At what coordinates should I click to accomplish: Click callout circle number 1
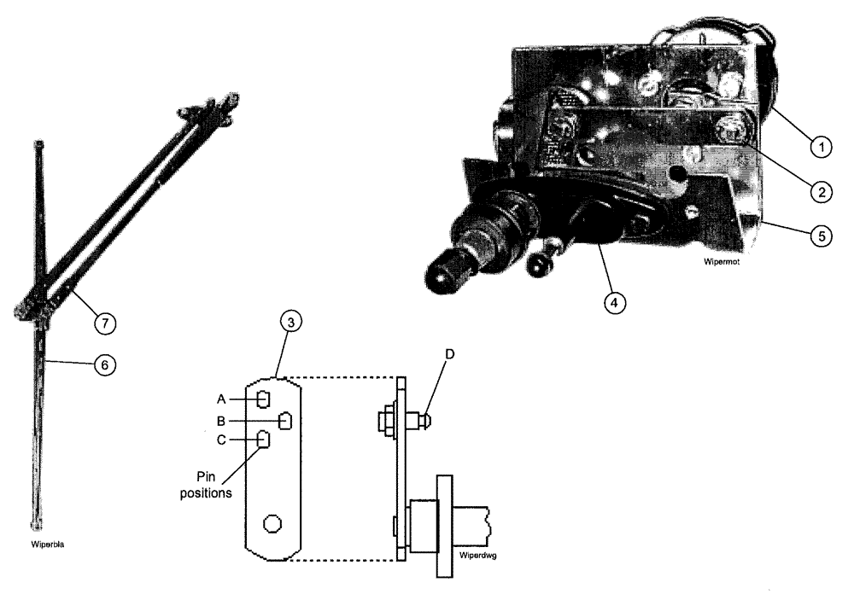[821, 148]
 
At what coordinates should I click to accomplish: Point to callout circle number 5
[821, 236]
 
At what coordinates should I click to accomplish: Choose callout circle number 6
[103, 364]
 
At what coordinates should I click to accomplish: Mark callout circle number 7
[103, 323]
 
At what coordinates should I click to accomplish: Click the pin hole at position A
[264, 399]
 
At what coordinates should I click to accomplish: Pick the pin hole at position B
[286, 420]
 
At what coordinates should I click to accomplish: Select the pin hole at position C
[264, 440]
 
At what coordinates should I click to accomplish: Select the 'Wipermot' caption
[722, 264]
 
